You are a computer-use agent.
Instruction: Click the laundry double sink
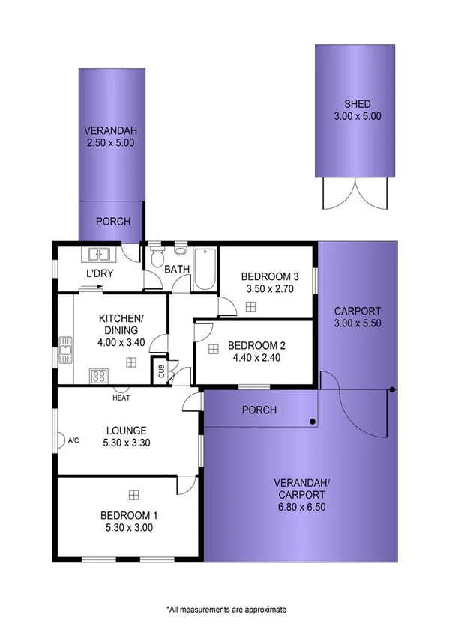tap(99, 255)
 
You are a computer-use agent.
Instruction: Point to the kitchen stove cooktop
tap(98, 375)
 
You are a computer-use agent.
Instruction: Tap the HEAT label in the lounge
tap(121, 398)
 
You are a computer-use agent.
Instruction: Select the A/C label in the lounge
tap(73, 440)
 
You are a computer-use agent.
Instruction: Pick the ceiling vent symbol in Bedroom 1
tap(133, 494)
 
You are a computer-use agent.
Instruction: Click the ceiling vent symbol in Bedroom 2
tap(214, 347)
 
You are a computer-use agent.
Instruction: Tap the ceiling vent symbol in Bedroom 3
tap(250, 306)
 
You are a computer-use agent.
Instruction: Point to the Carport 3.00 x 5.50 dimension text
tap(358, 323)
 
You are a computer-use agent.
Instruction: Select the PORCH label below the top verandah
tap(112, 222)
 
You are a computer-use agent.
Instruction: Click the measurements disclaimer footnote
tap(226, 610)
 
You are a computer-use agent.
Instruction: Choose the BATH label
tap(177, 269)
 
